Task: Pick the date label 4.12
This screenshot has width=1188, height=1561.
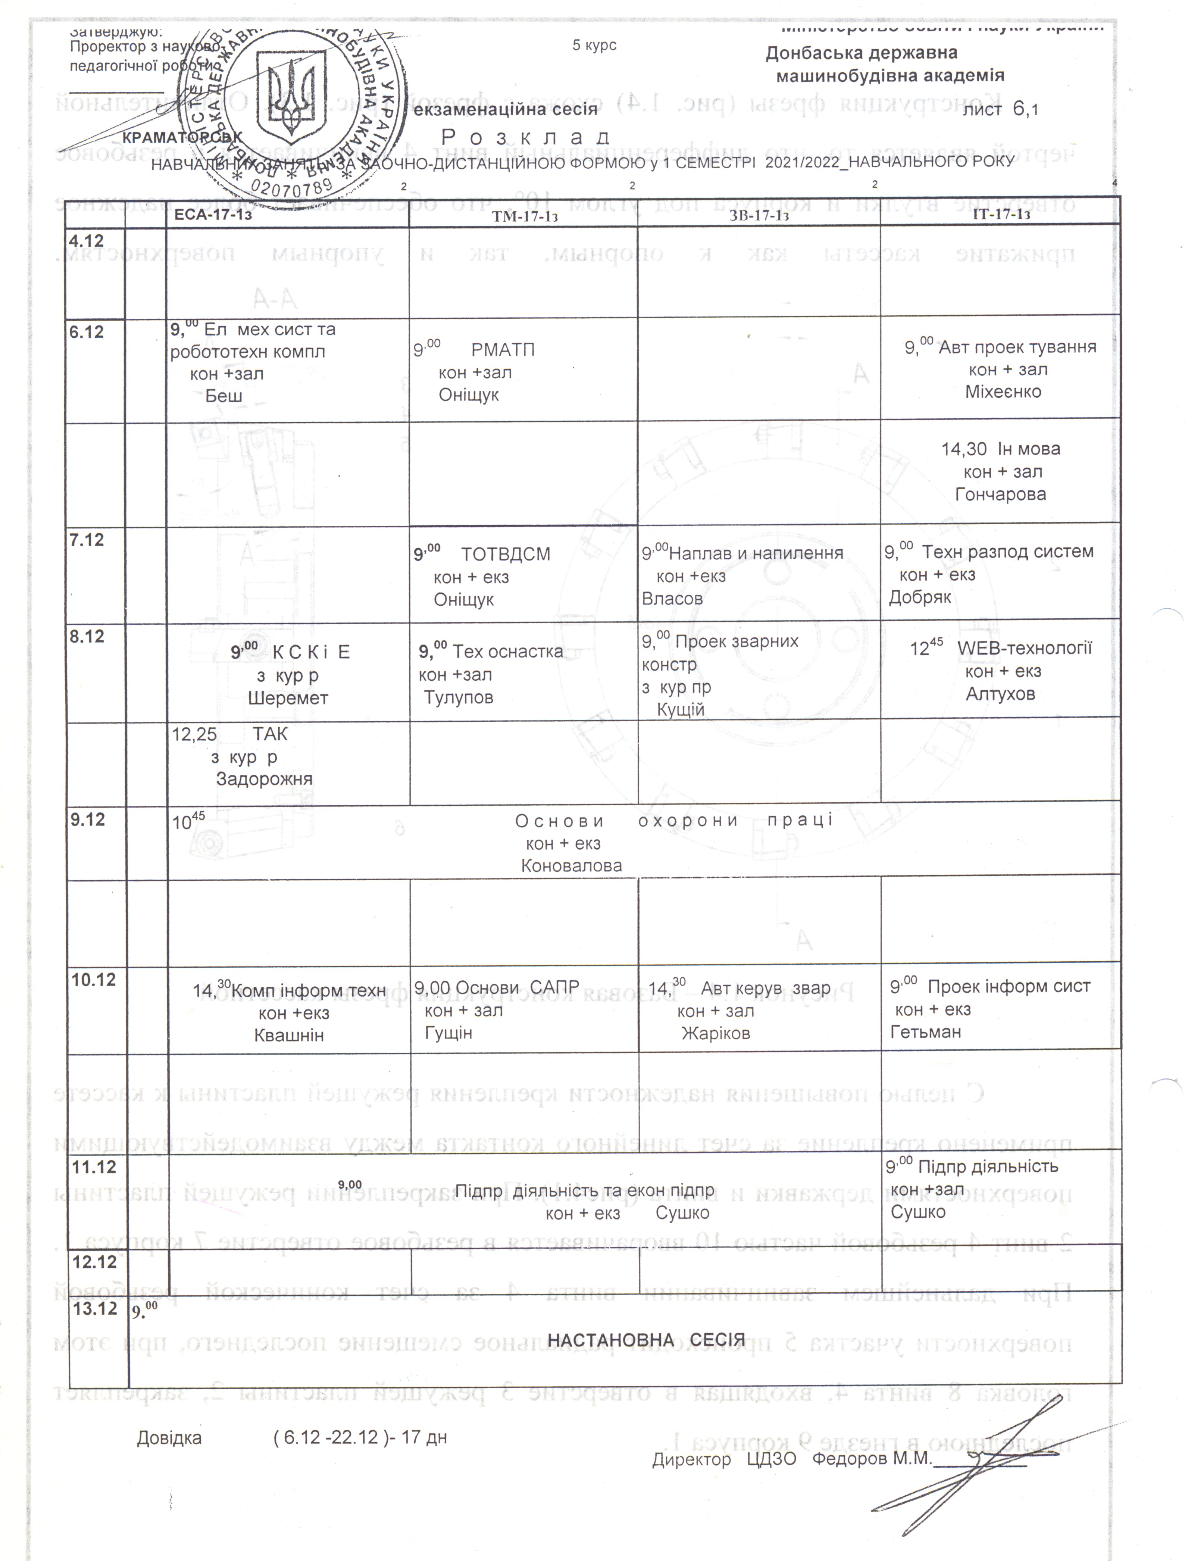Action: coord(86,241)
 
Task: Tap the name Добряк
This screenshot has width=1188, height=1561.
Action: coord(919,597)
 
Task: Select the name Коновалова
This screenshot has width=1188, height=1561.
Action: coord(571,866)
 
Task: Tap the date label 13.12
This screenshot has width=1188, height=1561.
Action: coord(95,1308)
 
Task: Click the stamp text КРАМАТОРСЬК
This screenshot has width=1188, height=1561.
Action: coord(182,137)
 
